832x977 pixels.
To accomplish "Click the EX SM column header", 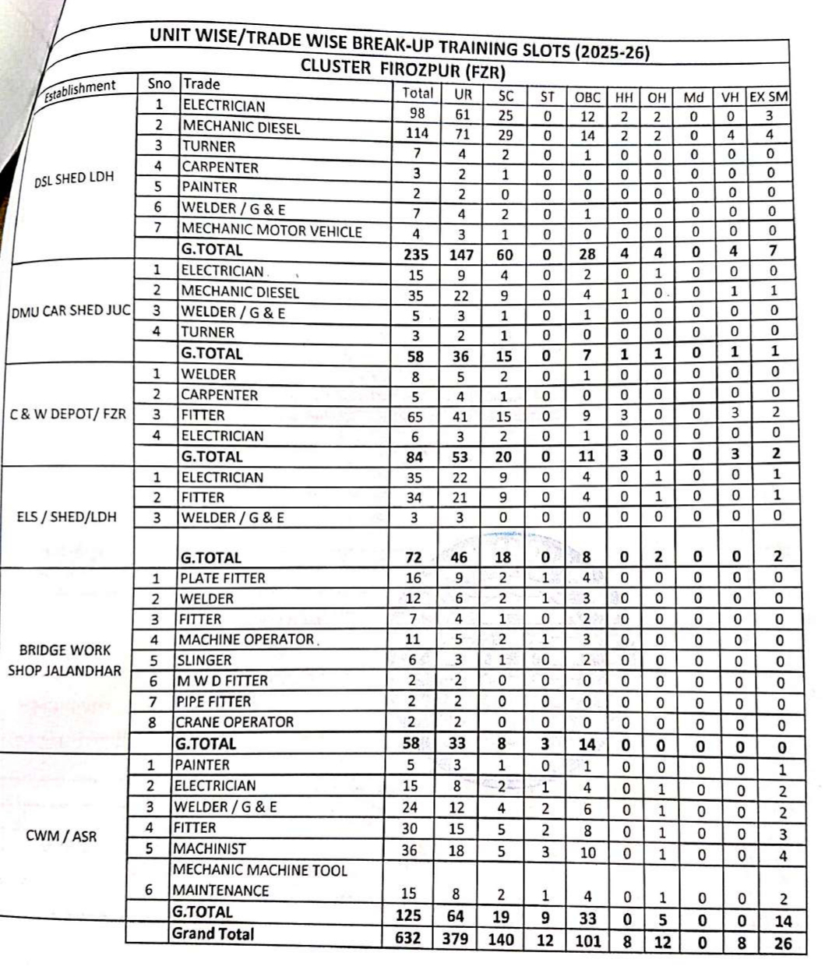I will pyautogui.click(x=768, y=97).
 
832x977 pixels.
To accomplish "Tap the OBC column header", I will pyautogui.click(x=587, y=97).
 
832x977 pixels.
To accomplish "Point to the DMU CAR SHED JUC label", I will pyautogui.click(x=71, y=311).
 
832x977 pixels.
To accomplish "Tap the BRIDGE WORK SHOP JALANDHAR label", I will pyautogui.click(x=65, y=660).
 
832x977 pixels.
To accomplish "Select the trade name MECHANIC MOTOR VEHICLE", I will pyautogui.click(x=271, y=231).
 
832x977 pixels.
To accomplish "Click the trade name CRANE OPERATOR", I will pyautogui.click(x=234, y=722).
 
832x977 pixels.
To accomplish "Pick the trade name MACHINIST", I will pyautogui.click(x=209, y=848).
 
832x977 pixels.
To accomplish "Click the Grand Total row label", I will pyautogui.click(x=213, y=933).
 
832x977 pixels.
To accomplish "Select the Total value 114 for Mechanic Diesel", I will pyautogui.click(x=417, y=133).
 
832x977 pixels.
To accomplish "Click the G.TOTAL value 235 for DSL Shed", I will pyautogui.click(x=417, y=254).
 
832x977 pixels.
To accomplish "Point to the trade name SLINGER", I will pyautogui.click(x=205, y=660).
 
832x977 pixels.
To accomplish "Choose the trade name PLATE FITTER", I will pyautogui.click(x=222, y=578).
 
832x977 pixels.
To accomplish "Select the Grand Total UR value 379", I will pyautogui.click(x=455, y=938).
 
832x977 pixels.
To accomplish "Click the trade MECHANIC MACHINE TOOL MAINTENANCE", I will pyautogui.click(x=259, y=880).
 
